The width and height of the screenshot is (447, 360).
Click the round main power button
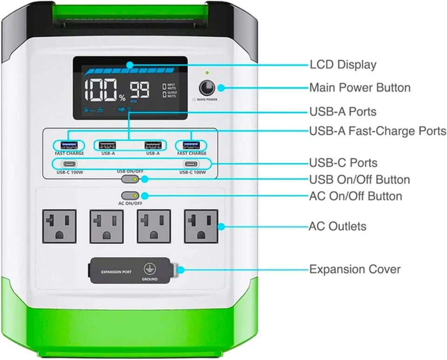[x=206, y=88]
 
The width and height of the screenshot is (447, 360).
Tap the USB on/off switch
[x=129, y=179]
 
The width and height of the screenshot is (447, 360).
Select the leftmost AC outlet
[x=59, y=226]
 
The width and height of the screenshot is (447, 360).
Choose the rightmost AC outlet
[x=201, y=226]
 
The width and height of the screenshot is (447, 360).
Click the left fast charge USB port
[x=68, y=145]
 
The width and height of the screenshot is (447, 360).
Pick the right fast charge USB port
[x=191, y=145]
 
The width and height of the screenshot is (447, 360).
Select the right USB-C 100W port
[x=191, y=164]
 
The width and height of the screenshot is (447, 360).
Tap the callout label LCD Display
[x=343, y=65]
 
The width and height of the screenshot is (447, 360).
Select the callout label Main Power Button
[x=359, y=88]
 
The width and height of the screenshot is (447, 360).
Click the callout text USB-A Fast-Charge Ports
[x=377, y=131]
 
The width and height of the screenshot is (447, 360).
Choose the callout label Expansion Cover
[x=355, y=269]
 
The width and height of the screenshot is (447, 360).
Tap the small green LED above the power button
[x=206, y=73]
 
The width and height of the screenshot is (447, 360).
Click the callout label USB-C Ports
[x=343, y=163]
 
